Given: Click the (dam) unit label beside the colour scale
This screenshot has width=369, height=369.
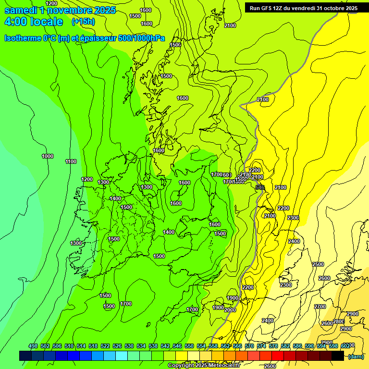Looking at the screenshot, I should click(356, 356).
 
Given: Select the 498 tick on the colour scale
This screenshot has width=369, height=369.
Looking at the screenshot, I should click(33, 346).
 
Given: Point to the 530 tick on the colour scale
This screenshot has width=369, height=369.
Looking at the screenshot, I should click(129, 346).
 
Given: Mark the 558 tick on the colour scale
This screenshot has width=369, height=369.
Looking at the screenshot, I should click(213, 346).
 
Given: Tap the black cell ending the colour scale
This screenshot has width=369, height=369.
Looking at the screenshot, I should click(338, 356).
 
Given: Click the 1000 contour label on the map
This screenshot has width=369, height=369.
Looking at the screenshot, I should click(48, 156).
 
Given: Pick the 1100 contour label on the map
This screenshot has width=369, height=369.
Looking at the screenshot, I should click(71, 161).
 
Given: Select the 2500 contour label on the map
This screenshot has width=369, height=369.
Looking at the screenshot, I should click(318, 264).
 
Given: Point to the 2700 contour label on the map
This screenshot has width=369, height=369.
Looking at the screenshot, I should click(320, 307).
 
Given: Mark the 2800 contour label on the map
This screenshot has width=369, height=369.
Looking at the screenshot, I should click(339, 321).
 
